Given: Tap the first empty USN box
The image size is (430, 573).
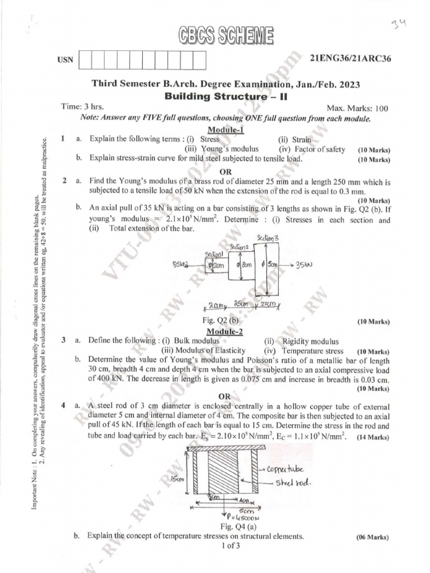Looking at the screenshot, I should coord(87,60).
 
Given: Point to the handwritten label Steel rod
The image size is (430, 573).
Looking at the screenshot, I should coord(289,482).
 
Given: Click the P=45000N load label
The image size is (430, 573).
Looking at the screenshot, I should coord(237,517).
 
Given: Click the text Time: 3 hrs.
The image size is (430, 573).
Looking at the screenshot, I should coord(82,106).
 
